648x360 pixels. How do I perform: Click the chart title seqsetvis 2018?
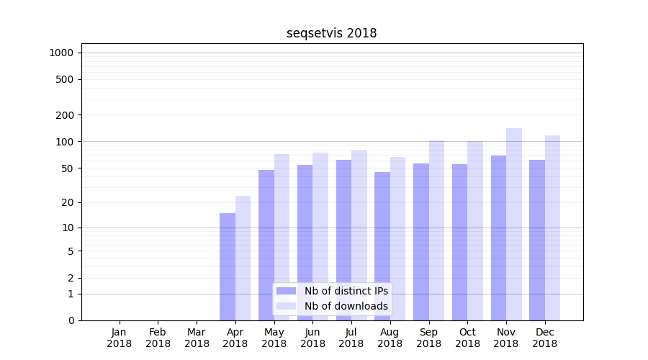[x=331, y=33]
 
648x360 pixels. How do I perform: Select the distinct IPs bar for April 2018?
[x=228, y=266]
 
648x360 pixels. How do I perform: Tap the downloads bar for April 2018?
[x=243, y=258]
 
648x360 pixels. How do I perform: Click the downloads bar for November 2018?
[x=514, y=224]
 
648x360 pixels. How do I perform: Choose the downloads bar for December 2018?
[x=552, y=228]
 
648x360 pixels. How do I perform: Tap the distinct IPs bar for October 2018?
[x=459, y=242]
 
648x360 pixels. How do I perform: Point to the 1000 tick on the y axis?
[x=61, y=53]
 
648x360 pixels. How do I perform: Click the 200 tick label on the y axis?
[x=65, y=115]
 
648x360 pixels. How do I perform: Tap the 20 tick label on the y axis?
[x=67, y=202]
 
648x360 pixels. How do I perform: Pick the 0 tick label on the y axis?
[x=71, y=320]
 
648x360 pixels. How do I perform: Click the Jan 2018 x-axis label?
[x=120, y=338]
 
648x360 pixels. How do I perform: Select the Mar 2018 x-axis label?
[x=197, y=338]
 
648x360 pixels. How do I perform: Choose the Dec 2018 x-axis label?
[x=545, y=338]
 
